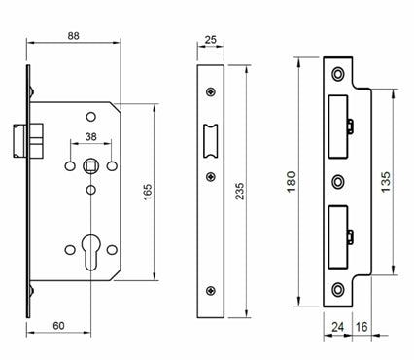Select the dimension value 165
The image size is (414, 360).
click(148, 192)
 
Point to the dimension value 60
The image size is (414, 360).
click(59, 326)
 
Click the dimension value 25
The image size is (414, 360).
click(211, 41)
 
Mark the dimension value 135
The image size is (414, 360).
click(385, 184)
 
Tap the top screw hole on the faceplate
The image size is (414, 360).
click(211, 94)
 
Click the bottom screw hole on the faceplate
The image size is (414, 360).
click(211, 291)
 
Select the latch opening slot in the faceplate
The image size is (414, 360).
click(211, 140)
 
